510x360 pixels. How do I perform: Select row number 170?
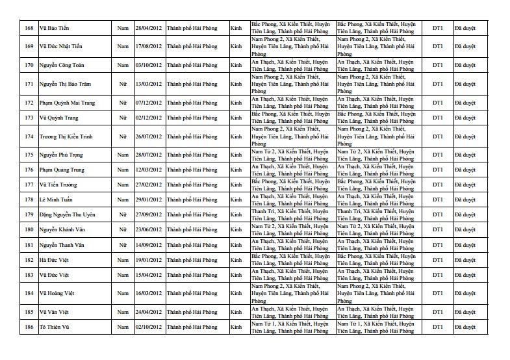click(29, 65)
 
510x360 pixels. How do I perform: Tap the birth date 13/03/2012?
click(149, 84)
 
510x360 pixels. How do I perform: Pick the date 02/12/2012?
click(149, 118)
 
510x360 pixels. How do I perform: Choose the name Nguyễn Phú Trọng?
click(62, 155)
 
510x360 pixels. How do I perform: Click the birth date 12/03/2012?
click(149, 170)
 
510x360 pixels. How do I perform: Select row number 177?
click(29, 185)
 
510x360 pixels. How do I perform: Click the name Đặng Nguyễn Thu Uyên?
click(68, 215)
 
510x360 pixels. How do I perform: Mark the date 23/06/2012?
click(149, 230)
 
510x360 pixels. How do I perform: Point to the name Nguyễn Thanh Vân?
click(62, 245)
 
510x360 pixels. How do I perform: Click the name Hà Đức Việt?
click(54, 260)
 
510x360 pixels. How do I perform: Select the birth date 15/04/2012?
click(149, 275)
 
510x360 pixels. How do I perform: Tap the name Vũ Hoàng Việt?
click(57, 294)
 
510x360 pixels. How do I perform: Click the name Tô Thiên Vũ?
click(54, 326)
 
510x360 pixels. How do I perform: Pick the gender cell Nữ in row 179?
click(123, 215)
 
